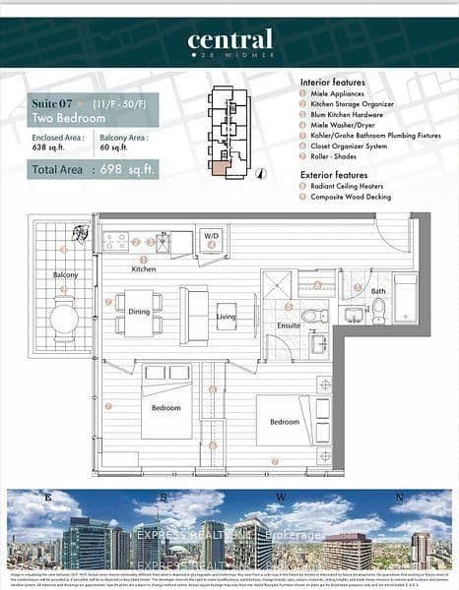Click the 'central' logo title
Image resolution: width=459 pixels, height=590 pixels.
pos(229,40)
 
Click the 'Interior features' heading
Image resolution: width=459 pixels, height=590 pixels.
pos(333,83)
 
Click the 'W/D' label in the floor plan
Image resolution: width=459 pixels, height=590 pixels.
pos(212,236)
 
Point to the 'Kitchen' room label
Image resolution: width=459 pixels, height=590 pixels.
pos(144,268)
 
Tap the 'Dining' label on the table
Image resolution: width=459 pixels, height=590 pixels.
pos(140,312)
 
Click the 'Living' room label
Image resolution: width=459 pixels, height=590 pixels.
pos(227,317)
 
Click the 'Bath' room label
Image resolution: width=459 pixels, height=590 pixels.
pos(378,291)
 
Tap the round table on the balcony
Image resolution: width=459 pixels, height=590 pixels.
pos(64,318)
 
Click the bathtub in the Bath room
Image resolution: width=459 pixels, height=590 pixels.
pos(405,296)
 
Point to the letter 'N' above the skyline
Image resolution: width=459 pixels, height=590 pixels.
pos(397,499)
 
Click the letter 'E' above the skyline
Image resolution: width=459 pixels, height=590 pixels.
pos(47,499)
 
